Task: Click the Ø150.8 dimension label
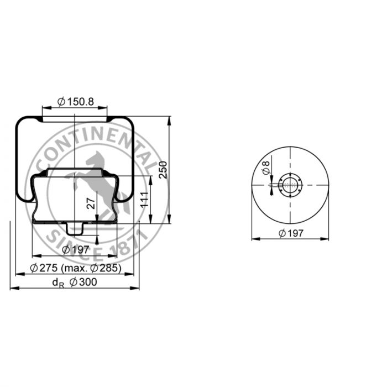pos(76,101)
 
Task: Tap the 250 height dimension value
pos(163,170)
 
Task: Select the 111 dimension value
pos(144,200)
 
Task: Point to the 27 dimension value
pos(91,203)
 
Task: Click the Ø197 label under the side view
pos(75,250)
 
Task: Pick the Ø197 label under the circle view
pos(291,233)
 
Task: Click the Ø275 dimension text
pos(44,268)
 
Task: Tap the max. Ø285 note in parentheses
pos(91,268)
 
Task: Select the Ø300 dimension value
pos(83,282)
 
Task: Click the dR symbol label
pos(58,283)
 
